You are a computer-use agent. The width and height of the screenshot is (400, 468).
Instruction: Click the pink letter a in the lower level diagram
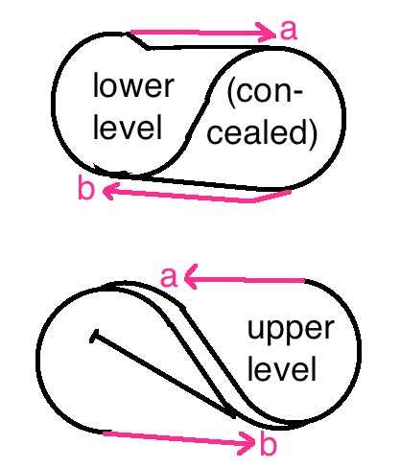289,30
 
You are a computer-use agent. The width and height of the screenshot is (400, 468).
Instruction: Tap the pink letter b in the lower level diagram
86,188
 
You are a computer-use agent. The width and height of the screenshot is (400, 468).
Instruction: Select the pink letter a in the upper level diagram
169,277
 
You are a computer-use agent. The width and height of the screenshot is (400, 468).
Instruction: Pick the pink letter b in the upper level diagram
268,443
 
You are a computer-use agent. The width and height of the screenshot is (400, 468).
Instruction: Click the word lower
133,84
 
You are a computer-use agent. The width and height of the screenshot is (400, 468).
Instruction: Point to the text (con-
265,93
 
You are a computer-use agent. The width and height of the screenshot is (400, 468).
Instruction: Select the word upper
291,329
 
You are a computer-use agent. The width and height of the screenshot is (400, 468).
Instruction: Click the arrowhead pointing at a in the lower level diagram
268,33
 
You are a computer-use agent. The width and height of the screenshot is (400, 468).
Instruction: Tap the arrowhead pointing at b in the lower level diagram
108,191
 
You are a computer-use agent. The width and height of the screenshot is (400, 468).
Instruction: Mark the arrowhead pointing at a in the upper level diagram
191,277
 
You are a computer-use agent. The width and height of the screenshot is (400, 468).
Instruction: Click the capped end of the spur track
94,336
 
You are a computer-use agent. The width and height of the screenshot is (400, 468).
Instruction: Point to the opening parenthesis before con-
231,93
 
